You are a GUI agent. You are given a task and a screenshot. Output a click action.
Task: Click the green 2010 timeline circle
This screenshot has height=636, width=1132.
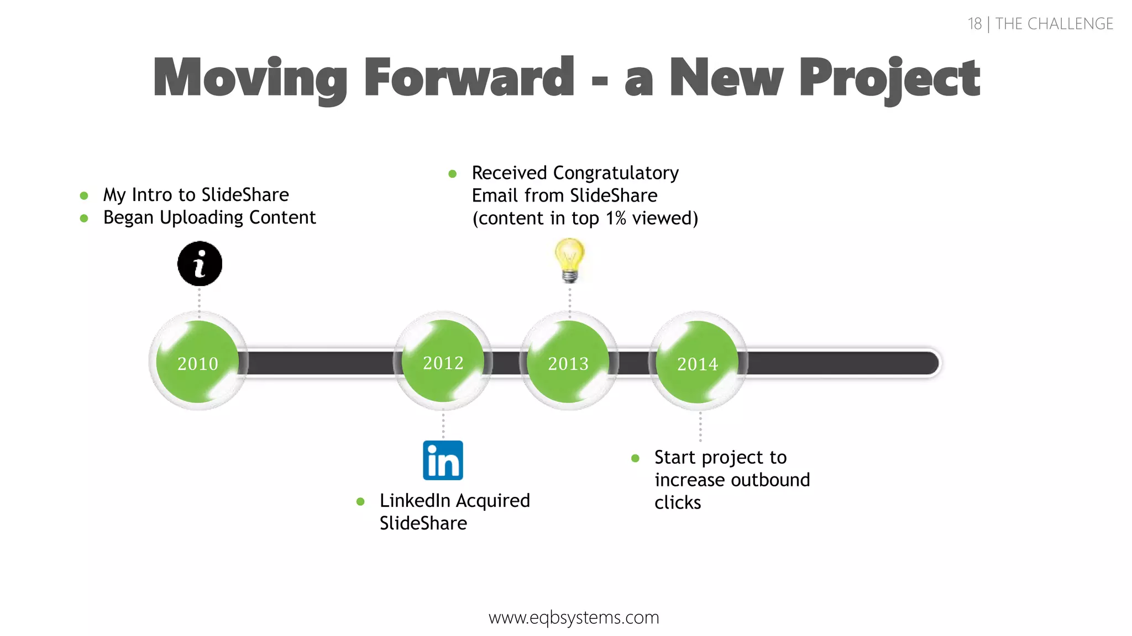[198, 362]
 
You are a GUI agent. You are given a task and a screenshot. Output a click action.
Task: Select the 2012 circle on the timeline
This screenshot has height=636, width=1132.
[443, 362]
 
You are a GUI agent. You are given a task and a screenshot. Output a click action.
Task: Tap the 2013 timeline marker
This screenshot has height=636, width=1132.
[569, 362]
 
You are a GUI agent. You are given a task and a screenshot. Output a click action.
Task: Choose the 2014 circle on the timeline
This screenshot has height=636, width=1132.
[698, 363]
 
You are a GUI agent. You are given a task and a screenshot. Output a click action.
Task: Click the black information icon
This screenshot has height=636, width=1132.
[200, 264]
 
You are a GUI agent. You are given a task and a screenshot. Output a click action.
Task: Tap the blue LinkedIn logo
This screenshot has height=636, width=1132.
[443, 460]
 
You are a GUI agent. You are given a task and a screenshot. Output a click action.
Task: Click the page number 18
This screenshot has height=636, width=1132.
[974, 24]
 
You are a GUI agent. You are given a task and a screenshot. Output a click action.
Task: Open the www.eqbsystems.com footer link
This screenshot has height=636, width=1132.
[574, 617]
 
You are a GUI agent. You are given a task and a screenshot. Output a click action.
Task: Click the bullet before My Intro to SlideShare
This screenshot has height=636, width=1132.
[84, 195]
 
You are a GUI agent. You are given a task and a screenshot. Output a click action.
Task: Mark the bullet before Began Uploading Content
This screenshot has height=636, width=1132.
[84, 218]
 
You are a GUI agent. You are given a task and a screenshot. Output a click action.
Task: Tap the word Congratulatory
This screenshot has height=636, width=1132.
[616, 173]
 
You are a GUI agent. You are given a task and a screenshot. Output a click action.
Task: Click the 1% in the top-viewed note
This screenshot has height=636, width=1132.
[615, 219]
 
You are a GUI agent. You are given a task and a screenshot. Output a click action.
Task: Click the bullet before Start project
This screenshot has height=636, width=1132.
[635, 458]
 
